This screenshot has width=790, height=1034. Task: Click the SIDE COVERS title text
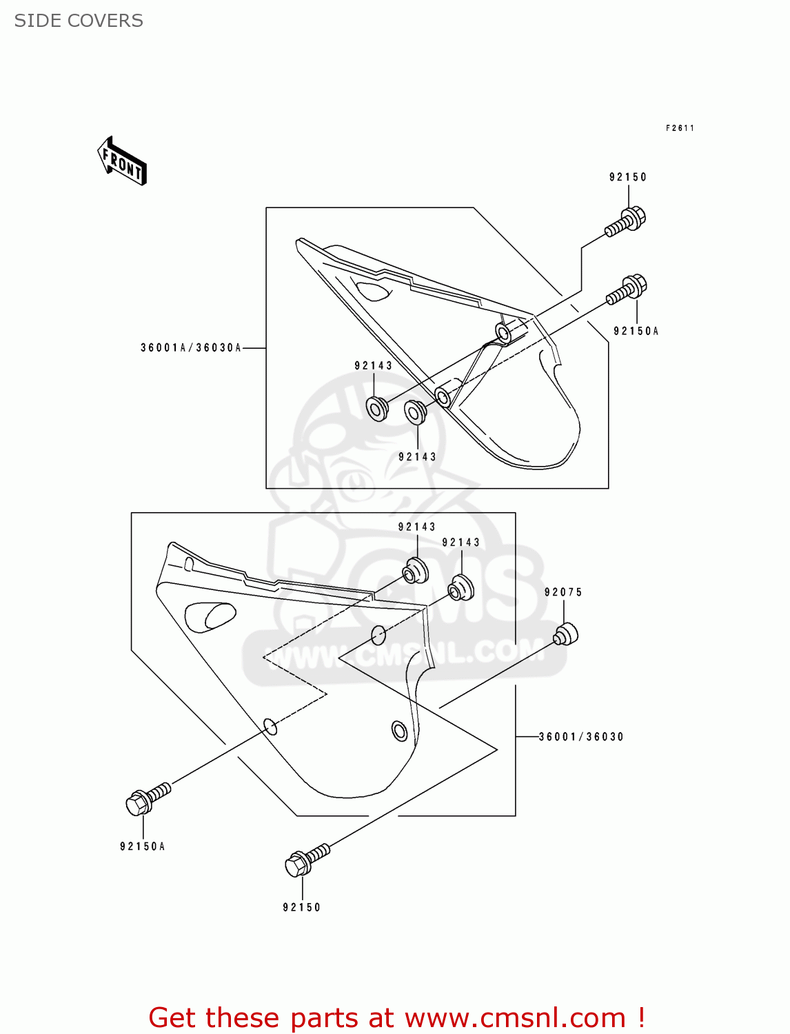[79, 21]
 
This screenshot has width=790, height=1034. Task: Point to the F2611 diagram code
[680, 128]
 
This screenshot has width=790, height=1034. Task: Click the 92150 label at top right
[628, 177]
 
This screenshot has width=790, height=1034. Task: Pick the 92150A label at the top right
[636, 332]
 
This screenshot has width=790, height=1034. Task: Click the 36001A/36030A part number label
[191, 348]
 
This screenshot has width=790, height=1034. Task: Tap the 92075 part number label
[563, 592]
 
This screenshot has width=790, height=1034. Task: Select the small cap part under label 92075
[566, 633]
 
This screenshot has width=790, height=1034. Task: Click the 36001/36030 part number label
[581, 737]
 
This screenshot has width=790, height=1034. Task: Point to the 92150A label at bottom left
[143, 847]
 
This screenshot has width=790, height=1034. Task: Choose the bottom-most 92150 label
[302, 908]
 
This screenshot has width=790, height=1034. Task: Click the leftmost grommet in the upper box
[376, 408]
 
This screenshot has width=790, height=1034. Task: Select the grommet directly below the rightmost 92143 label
[460, 587]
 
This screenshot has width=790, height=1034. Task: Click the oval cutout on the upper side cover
[372, 290]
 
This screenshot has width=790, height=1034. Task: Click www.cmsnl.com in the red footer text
[514, 1018]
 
